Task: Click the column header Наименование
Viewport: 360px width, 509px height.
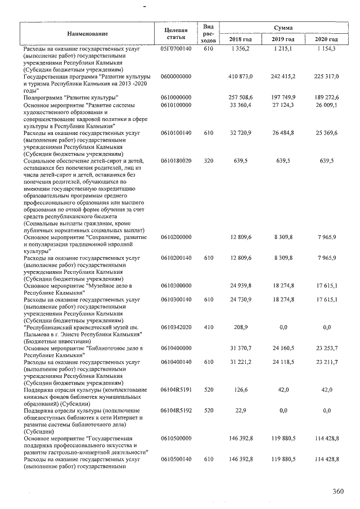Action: click(x=87, y=34)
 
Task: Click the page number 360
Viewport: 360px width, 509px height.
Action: click(x=337, y=492)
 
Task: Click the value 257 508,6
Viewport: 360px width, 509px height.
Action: click(x=242, y=97)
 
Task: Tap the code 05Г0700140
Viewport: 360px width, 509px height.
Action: click(x=176, y=49)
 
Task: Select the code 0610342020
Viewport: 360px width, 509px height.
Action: click(x=176, y=327)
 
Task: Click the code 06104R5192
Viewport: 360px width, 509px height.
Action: click(x=176, y=411)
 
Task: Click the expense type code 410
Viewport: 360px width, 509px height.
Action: click(x=208, y=327)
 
